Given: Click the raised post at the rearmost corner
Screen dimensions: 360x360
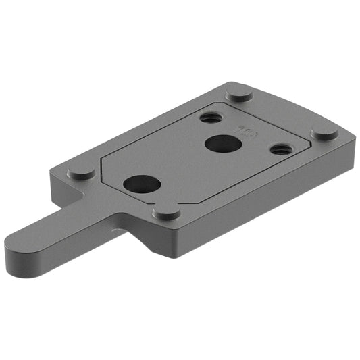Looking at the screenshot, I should click(239, 93).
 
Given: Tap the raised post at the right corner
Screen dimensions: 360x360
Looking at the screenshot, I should click(324, 132).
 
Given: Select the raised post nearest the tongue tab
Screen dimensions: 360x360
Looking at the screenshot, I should click(81, 172).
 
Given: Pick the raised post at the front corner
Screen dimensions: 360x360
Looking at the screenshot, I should click(166, 212).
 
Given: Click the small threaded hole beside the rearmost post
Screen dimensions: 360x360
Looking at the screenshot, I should click(209, 117).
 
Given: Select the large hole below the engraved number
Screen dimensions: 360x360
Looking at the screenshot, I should click(220, 143).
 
